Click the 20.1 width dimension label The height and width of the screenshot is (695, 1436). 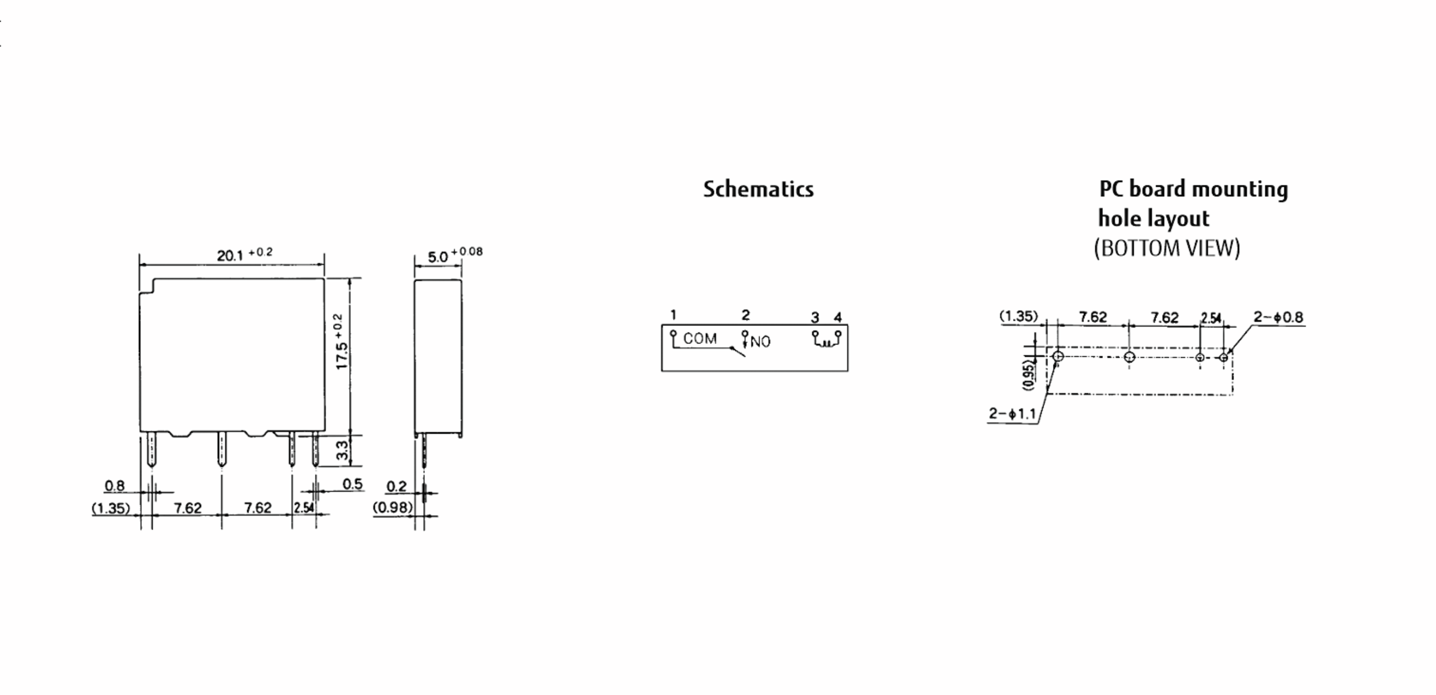coord(245,254)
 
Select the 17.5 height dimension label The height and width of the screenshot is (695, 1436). coord(340,342)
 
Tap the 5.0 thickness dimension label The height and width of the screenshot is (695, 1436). coord(455,255)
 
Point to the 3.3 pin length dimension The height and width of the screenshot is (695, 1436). coord(342,450)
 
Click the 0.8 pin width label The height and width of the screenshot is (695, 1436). coord(114,486)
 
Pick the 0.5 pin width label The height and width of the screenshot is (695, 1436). coord(353,484)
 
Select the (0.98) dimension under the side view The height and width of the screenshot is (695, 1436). coord(393,507)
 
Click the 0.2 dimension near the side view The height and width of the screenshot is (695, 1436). coord(396,486)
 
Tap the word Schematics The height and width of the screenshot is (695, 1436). coord(758,189)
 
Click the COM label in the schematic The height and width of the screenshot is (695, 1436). coord(700,339)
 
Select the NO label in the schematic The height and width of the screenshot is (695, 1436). coord(760,342)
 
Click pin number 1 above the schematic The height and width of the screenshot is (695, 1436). coord(673,315)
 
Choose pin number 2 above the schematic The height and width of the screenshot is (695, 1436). coord(746,315)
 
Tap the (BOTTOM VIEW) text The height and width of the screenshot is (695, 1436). coord(1167,248)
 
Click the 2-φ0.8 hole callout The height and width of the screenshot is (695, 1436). coord(1278,317)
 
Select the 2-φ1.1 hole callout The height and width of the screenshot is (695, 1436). coord(1012,413)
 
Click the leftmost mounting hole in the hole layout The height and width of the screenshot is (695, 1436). coord(1058,357)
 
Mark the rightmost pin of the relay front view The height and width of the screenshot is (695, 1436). coord(315,449)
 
